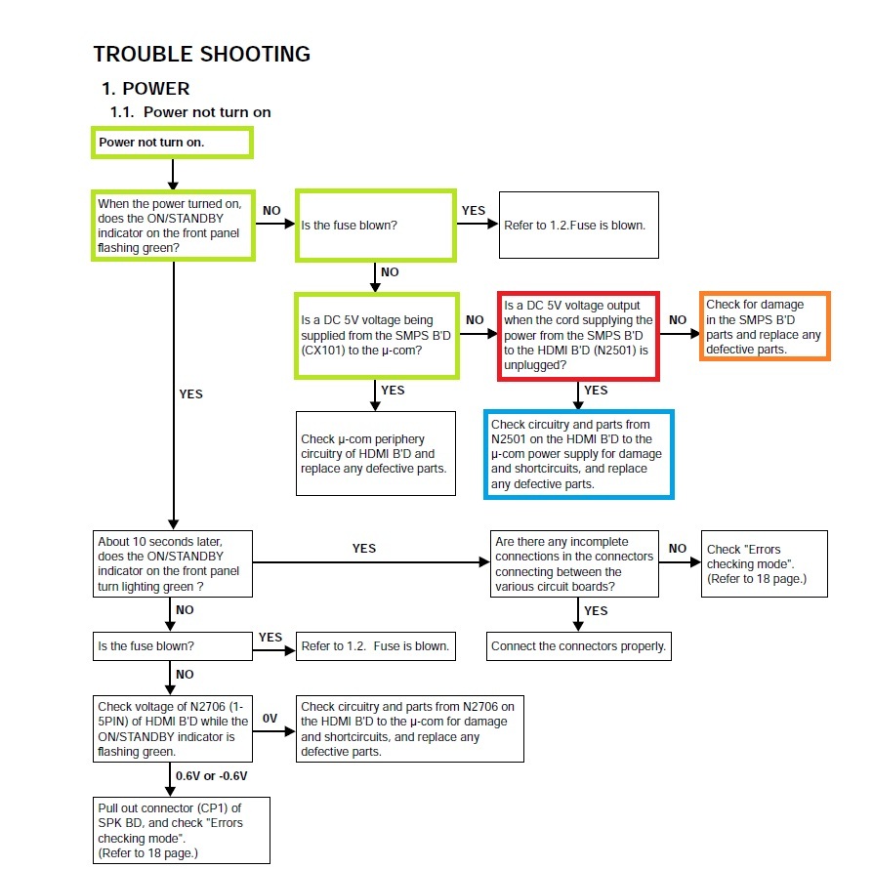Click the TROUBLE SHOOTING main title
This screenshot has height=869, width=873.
tap(201, 54)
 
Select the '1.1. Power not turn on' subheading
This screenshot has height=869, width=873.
tap(190, 112)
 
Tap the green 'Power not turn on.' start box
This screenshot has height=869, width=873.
tap(172, 143)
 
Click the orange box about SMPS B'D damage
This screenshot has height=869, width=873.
tap(765, 326)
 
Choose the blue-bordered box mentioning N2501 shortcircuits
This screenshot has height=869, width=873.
tap(578, 454)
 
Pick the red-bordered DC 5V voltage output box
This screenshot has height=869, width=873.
tap(578, 336)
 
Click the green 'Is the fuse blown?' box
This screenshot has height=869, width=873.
tap(376, 226)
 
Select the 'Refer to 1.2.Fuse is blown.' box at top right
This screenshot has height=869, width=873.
tap(578, 225)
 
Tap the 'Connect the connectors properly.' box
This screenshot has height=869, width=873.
tap(578, 646)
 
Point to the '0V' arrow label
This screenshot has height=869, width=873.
tap(270, 719)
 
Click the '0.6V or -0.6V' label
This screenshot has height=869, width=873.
tap(212, 776)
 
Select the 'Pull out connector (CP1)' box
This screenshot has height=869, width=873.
tap(181, 830)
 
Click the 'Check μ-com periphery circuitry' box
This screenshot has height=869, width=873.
tap(376, 454)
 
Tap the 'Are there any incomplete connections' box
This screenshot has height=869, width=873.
tap(574, 564)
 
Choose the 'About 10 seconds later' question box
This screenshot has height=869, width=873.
tap(172, 564)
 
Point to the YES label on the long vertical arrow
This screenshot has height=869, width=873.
tap(191, 394)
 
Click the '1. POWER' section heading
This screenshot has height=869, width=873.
tap(145, 89)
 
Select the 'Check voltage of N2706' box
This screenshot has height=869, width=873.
tap(172, 728)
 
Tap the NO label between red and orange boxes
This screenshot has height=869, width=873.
tap(678, 320)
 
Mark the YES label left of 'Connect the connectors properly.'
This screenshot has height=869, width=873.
tap(596, 610)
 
